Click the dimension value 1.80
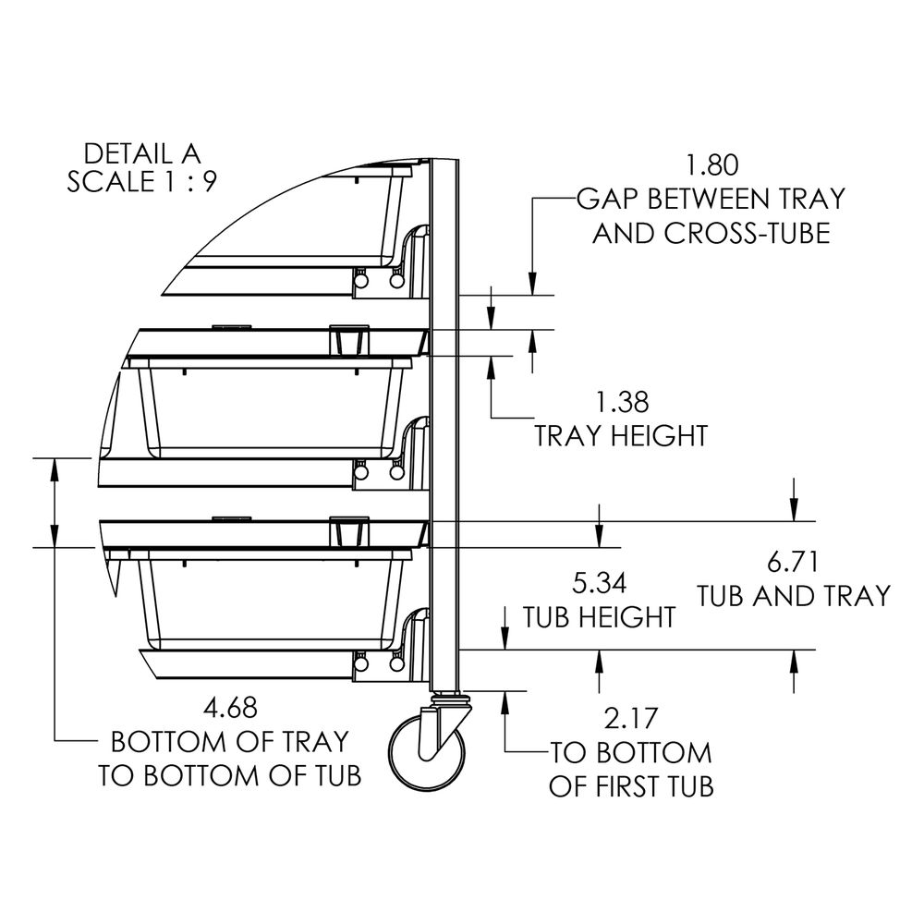coord(712,165)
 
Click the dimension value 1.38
coord(622,403)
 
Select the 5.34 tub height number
coord(600,583)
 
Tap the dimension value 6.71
coord(793,562)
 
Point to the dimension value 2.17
coord(631,718)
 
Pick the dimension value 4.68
coord(230,708)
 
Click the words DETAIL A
coord(142,154)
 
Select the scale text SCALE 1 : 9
coord(142,181)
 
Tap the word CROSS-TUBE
coord(748,234)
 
